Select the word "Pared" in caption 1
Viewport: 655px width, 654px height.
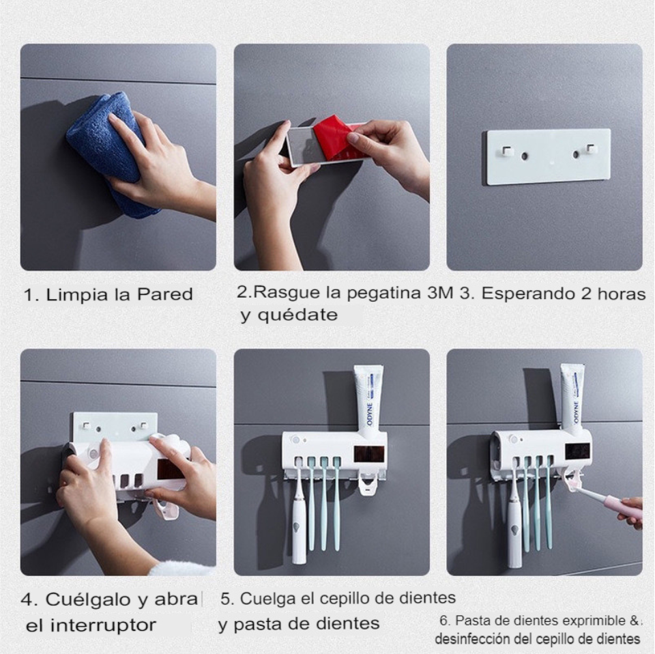tap(165, 294)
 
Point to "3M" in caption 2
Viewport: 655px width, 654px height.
tap(440, 292)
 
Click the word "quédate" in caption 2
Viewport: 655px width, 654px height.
tap(297, 314)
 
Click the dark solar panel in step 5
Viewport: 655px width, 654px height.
tap(369, 454)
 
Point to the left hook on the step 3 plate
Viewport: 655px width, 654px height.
tap(508, 150)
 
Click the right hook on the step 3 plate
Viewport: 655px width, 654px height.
tap(589, 150)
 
